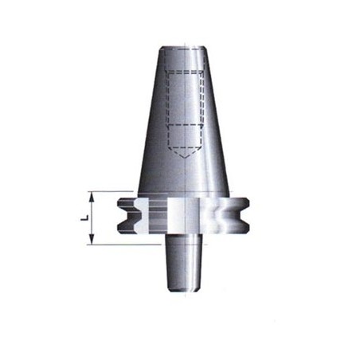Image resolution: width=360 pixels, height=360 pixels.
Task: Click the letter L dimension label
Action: (x=84, y=218)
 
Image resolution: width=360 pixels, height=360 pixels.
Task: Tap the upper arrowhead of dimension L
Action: (x=92, y=197)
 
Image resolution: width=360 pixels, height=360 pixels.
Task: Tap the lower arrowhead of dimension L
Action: (x=92, y=239)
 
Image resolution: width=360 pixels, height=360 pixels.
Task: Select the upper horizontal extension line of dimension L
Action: (x=111, y=191)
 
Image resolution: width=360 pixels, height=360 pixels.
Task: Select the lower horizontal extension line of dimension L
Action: (x=124, y=245)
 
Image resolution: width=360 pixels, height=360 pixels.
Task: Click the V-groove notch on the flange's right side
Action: (x=240, y=215)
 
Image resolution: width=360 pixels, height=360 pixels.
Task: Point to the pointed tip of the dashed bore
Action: (x=185, y=158)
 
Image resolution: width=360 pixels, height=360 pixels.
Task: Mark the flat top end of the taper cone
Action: (x=184, y=48)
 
